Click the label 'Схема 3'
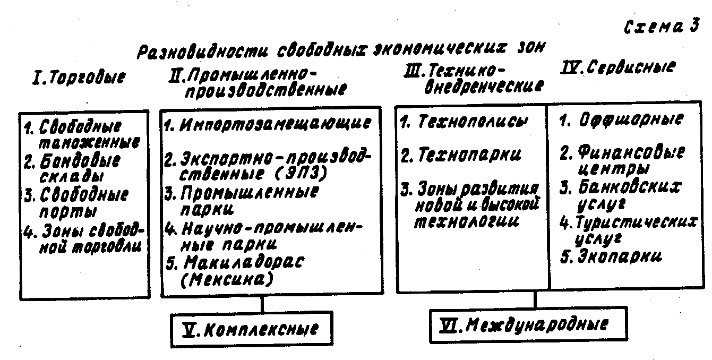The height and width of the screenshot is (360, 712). [661, 27]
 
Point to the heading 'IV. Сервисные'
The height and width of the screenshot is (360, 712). [618, 67]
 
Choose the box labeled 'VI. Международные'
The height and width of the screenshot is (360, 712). [527, 324]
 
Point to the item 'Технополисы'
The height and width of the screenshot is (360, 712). [473, 122]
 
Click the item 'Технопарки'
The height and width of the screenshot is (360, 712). [469, 155]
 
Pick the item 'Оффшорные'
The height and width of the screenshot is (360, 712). [629, 120]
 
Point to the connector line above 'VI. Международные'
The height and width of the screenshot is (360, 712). [535, 301]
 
